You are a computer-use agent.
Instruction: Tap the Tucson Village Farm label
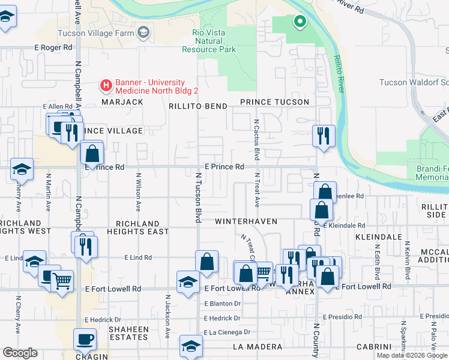[x=96, y=33]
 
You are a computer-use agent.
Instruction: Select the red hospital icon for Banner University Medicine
[x=106, y=86]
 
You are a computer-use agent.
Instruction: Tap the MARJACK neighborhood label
[x=122, y=102]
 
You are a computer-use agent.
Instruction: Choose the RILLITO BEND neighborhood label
[x=197, y=106]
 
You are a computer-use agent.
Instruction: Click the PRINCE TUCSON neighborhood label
[x=274, y=102]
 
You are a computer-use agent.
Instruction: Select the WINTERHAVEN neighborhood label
[x=246, y=221]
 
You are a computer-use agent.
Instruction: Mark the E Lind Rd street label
[x=138, y=257]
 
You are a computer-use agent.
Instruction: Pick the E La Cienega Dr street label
[x=223, y=332]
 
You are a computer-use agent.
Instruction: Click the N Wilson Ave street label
[x=138, y=192]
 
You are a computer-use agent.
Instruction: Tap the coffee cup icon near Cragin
[x=85, y=340]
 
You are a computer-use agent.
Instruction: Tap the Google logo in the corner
[x=20, y=353]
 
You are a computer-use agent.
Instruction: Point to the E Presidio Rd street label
[x=342, y=316]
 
